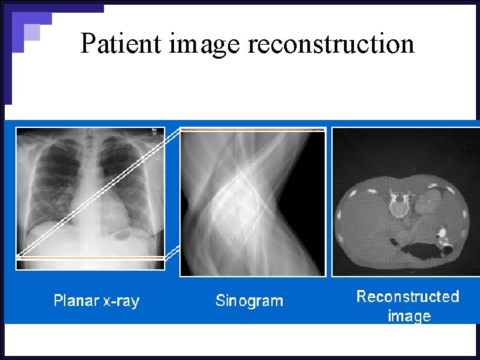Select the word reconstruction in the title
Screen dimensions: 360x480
point(331,44)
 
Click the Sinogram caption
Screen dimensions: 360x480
point(249,301)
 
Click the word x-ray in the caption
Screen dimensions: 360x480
point(120,301)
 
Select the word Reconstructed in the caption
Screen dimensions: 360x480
point(407,297)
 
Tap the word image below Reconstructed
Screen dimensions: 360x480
point(409,316)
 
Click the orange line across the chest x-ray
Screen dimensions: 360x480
point(90,257)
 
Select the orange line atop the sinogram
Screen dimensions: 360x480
point(252,129)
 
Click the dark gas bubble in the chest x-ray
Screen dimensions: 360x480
point(123,234)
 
